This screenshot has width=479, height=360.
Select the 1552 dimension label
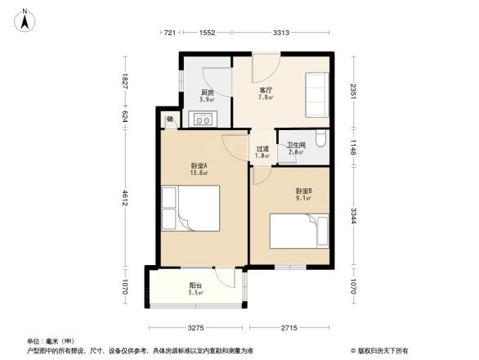pos(206,32)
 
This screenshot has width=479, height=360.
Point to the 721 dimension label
pos(169,32)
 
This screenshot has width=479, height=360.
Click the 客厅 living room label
pos(266,90)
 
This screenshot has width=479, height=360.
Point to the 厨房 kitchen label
pos(207,93)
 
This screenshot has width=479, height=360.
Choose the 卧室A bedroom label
pos(199,165)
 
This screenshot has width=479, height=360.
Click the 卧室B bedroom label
pos(303,192)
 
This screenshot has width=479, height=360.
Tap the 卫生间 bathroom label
pos(295,146)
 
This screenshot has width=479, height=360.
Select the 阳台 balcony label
pos(195,286)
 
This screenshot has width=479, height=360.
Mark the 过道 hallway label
pos(262,150)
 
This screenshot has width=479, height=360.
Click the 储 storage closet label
pos(169,120)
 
